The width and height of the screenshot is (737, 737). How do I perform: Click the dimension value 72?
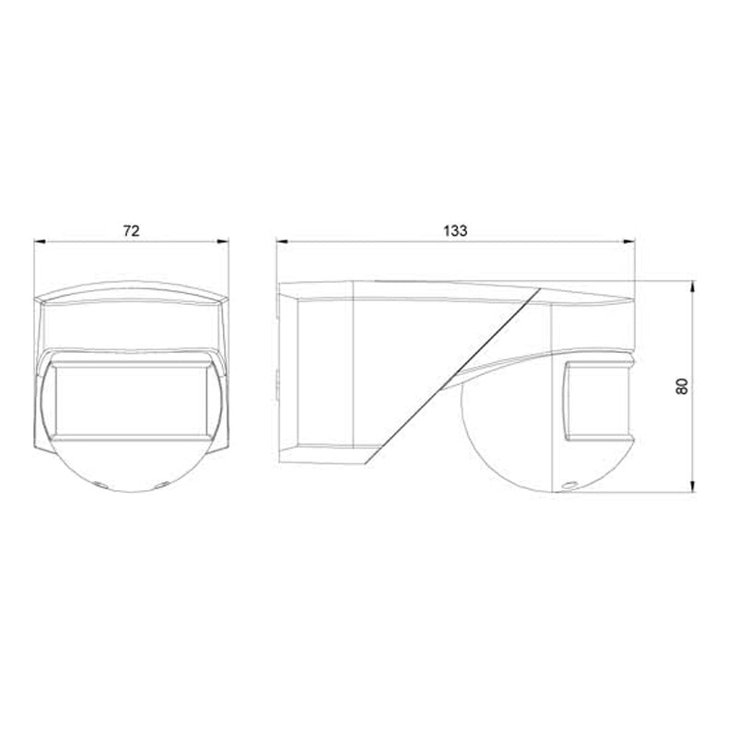pyautogui.click(x=131, y=230)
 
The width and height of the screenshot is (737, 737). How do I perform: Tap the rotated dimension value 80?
pyautogui.click(x=682, y=385)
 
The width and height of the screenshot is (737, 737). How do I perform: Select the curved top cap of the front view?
pyautogui.click(x=131, y=292)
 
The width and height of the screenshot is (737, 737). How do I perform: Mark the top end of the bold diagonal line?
pyautogui.click(x=539, y=287)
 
